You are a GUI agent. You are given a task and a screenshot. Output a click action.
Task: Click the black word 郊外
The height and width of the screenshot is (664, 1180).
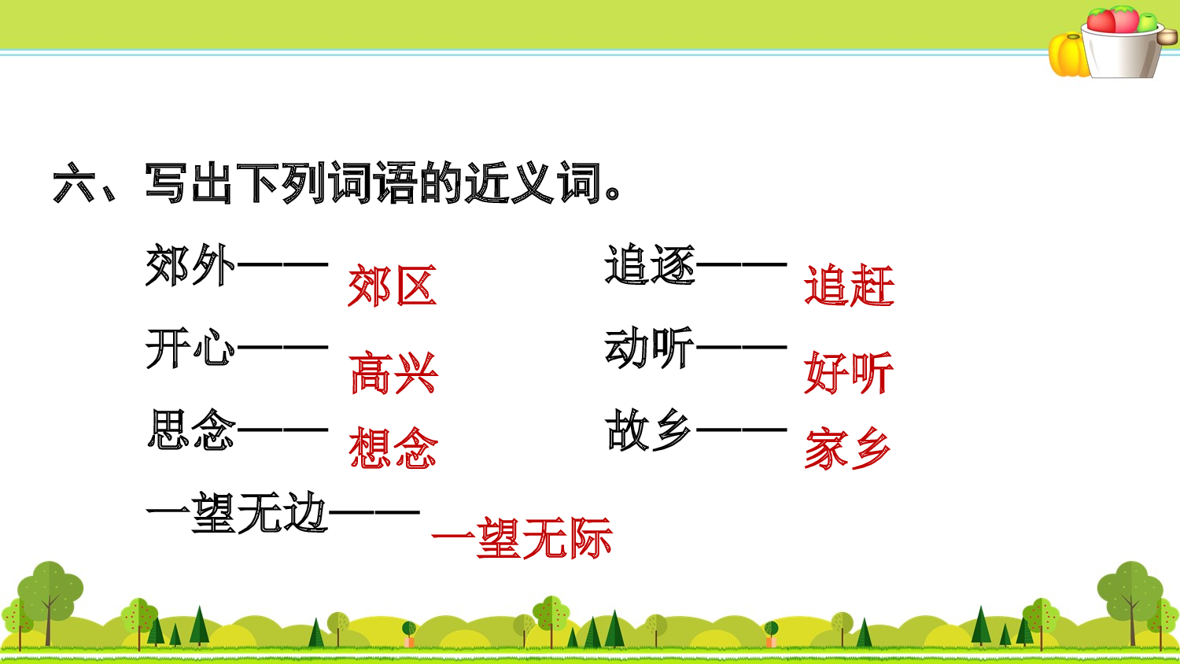[x=190, y=266]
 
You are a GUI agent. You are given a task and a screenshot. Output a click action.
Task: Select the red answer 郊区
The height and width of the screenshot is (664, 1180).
[x=392, y=286]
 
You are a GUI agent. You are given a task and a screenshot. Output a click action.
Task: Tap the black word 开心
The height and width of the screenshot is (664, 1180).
[x=190, y=348]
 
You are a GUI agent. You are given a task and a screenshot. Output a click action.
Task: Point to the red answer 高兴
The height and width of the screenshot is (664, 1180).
[x=393, y=373]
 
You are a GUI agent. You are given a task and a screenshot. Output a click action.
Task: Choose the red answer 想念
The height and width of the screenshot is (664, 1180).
[x=393, y=448]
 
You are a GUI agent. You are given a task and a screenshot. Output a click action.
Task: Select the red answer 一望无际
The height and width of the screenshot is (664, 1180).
[x=522, y=539]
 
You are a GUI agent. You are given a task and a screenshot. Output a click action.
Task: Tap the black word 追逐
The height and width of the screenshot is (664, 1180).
[x=650, y=265]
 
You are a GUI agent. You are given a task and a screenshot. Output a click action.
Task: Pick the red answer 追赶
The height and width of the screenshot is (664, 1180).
[x=849, y=286]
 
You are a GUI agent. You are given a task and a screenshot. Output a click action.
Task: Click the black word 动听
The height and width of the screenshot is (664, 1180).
[x=650, y=348]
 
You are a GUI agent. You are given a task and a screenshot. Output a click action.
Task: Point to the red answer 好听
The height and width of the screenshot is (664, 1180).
[x=849, y=372]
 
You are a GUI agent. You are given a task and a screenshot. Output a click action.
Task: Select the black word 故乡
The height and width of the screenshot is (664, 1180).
[x=650, y=430]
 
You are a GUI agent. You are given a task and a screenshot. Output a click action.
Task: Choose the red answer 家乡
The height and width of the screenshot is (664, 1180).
[x=848, y=449]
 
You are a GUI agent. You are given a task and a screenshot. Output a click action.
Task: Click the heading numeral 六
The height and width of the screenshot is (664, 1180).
[x=74, y=184]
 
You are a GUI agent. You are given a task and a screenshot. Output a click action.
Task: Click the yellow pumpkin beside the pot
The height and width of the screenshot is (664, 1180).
[x=1068, y=54]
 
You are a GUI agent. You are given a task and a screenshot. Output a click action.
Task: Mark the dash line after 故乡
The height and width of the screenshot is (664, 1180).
[x=742, y=430]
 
